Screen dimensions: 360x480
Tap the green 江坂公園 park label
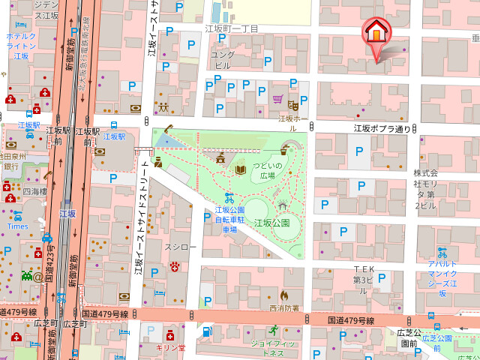click(x=271, y=223)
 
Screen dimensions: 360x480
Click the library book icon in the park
click(x=240, y=170)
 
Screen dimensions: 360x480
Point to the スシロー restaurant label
click(x=180, y=245)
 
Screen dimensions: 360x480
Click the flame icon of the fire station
click(x=284, y=295)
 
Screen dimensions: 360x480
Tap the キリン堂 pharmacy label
click(x=170, y=347)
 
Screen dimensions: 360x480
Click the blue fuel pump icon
click(x=205, y=331)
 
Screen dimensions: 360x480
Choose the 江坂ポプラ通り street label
click(x=382, y=128)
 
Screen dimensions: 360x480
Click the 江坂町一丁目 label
click(x=232, y=28)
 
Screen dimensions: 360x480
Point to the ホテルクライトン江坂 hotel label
click(x=21, y=45)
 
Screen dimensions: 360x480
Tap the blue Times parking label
click(x=18, y=226)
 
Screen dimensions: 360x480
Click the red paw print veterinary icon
click(x=175, y=265)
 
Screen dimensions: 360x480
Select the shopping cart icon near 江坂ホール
click(x=277, y=98)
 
